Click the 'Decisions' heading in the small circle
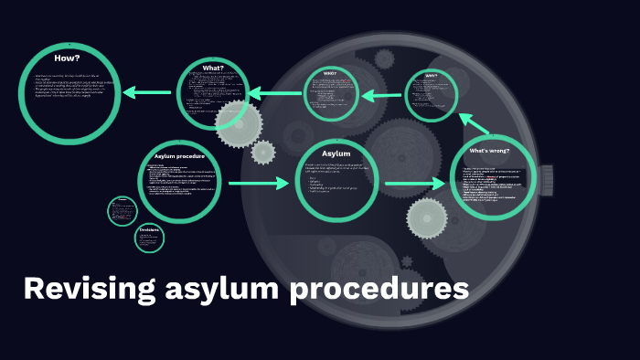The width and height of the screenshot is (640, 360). pos(149,228)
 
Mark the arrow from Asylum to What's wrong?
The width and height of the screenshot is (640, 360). pos(414,185)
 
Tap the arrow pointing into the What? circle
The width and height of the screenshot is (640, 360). pos(274,92)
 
